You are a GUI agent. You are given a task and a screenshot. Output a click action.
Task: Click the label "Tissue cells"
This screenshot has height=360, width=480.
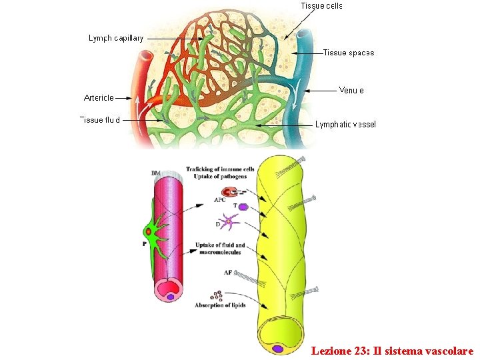(321, 6)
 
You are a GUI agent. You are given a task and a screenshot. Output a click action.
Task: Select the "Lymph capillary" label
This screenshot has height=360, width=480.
(116, 39)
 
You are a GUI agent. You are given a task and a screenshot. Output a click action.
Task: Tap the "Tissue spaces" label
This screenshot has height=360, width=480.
(349, 53)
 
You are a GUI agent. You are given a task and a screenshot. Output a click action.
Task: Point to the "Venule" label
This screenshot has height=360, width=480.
(351, 90)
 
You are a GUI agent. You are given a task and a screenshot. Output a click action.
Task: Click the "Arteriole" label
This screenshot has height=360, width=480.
(99, 97)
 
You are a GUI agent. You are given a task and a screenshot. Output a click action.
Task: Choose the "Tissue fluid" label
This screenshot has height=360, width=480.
(100, 121)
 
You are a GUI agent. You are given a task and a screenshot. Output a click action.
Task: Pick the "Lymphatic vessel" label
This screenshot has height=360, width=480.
(345, 124)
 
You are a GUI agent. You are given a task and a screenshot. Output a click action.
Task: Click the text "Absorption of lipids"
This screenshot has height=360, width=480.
(220, 305)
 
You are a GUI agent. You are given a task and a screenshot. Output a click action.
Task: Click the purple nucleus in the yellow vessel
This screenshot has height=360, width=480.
(277, 348)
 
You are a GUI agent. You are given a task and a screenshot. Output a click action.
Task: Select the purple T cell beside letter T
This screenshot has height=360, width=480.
(243, 207)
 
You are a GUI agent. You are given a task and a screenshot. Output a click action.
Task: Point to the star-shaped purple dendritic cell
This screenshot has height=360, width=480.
(229, 222)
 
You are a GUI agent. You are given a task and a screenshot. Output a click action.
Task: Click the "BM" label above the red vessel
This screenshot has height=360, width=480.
(155, 173)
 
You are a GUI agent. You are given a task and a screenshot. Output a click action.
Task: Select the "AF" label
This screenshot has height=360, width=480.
(227, 273)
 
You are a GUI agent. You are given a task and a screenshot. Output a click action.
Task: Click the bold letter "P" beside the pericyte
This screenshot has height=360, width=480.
(144, 245)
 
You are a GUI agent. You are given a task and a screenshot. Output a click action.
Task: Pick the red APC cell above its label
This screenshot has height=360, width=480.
(228, 192)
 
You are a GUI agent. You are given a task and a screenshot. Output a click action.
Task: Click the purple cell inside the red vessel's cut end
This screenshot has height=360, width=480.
(171, 297)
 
